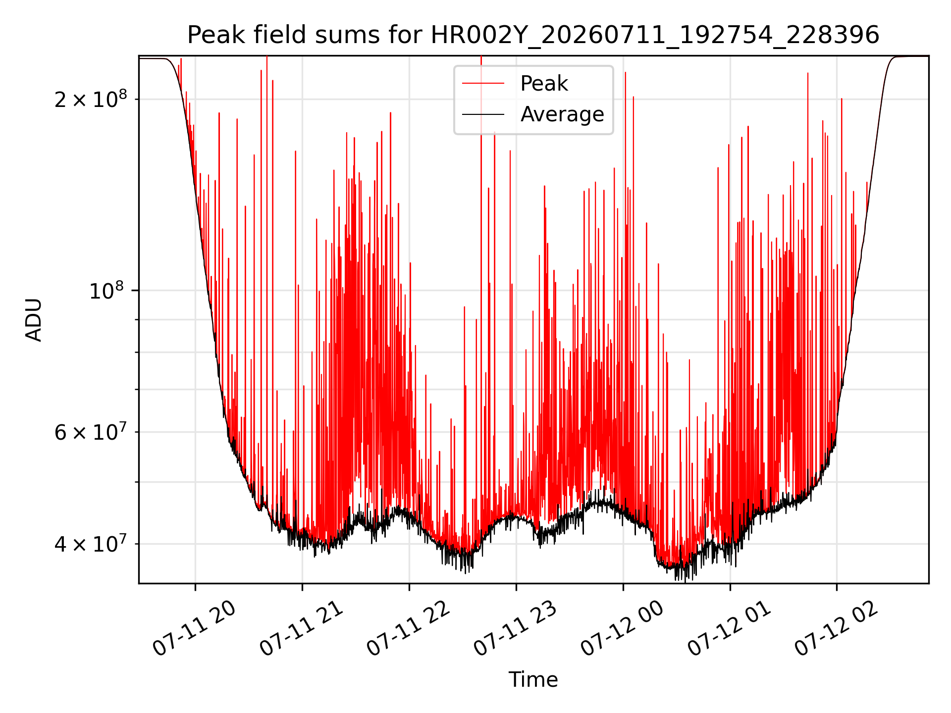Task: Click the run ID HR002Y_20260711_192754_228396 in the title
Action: click(655, 36)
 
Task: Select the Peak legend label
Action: click(544, 84)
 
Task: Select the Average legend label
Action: click(562, 114)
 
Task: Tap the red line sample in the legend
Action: click(483, 84)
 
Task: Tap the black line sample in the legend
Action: click(483, 114)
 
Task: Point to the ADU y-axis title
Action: click(34, 320)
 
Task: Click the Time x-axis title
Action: click(533, 680)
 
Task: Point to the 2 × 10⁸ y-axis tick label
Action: click(90, 99)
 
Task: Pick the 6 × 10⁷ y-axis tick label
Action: click(90, 432)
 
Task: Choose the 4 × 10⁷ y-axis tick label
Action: click(90, 544)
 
